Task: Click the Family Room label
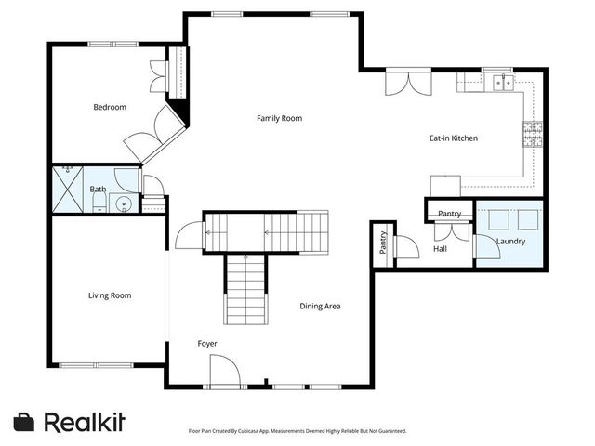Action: [x=279, y=118]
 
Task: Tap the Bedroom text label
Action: [x=110, y=107]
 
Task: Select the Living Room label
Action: [x=110, y=295]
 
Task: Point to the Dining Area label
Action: [x=320, y=306]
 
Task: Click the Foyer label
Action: [x=207, y=344]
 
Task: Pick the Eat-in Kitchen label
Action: [x=454, y=138]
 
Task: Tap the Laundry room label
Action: [x=510, y=242]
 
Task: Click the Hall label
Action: [x=440, y=249]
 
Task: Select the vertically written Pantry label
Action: [x=383, y=243]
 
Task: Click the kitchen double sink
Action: [x=503, y=83]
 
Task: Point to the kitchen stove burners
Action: [x=532, y=134]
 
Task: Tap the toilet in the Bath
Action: [x=99, y=203]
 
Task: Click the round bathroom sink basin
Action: [x=124, y=203]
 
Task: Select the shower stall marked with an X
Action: [x=68, y=190]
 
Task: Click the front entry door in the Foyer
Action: [x=225, y=371]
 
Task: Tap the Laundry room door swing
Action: [x=487, y=247]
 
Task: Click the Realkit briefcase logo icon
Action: [x=23, y=422]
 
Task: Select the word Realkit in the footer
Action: [x=85, y=422]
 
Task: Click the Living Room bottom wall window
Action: [x=97, y=365]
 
